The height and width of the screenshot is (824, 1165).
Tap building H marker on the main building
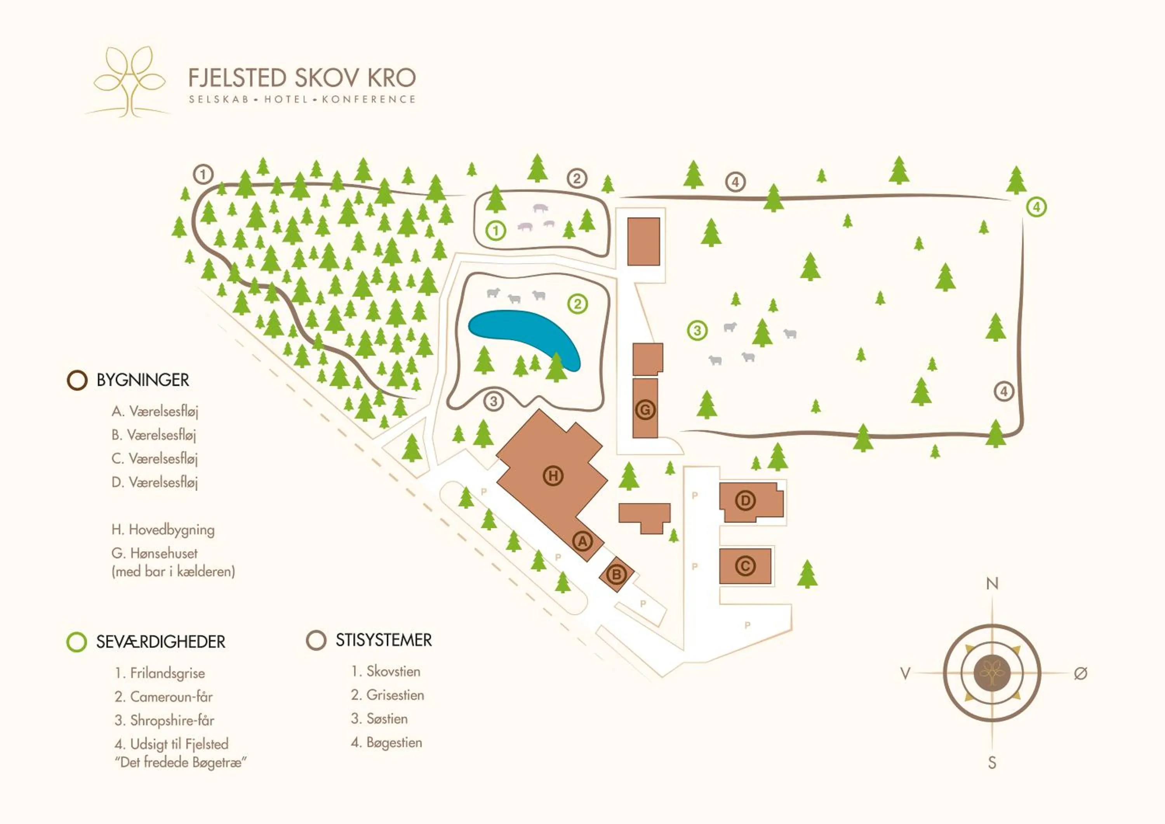coord(553,476)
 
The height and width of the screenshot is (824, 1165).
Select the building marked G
coord(645,409)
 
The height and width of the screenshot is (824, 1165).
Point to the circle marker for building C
coord(745,566)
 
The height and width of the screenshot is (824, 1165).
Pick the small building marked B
coord(617,574)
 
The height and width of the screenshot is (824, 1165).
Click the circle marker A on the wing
coord(583,541)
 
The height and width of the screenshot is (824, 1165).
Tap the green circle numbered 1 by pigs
coord(496,231)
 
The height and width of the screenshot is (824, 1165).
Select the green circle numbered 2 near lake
coord(577,304)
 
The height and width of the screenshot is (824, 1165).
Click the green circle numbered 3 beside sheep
coord(697,331)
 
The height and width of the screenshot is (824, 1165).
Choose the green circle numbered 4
coord(1036,207)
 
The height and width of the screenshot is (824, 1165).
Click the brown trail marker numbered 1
coord(203,174)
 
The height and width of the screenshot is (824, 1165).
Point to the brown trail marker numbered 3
coord(493,402)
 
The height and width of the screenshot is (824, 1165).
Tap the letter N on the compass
coord(992,584)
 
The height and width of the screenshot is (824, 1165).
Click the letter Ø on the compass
coord(1080,673)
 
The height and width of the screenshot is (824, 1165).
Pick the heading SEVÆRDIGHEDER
coord(160,642)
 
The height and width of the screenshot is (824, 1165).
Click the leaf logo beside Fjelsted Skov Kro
coord(129,81)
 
